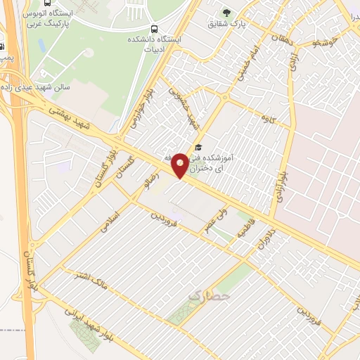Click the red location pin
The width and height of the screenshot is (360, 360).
[181, 165]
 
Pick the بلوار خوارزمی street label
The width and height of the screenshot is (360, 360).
[139, 112]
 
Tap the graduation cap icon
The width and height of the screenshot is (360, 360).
[198, 148]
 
